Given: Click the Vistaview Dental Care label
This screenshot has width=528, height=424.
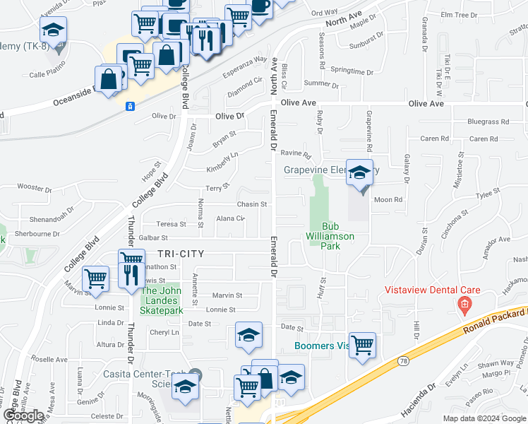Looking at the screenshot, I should [x=432, y=290].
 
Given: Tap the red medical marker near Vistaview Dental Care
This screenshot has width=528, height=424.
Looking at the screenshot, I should [x=464, y=305].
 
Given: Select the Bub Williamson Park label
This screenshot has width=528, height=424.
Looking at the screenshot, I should [x=330, y=236].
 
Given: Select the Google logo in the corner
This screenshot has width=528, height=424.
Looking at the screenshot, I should [x=23, y=416].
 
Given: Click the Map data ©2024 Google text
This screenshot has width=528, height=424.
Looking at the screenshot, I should [x=484, y=418].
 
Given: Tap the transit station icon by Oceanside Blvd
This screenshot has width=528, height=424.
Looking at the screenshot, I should [x=130, y=106].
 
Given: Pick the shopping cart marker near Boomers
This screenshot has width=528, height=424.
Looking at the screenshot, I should [x=362, y=346].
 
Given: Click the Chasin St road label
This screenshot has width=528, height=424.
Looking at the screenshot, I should [x=252, y=204].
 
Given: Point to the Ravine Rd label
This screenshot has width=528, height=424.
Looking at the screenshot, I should [x=296, y=153].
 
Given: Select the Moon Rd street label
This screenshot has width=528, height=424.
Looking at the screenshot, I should [x=388, y=200].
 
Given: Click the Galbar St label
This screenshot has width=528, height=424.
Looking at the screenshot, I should [x=153, y=239].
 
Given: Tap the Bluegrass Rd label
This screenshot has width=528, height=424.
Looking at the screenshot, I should [x=487, y=122].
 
